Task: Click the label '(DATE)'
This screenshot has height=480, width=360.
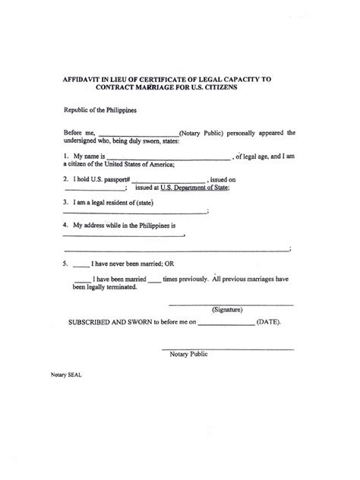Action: pos(269,322)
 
